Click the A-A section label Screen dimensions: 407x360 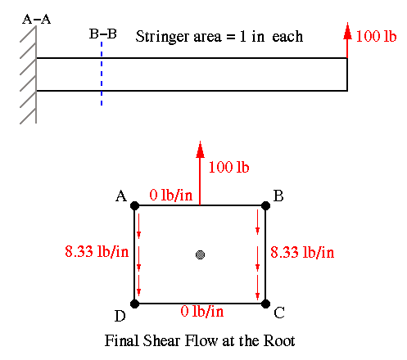[37, 20]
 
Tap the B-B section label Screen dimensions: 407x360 [103, 34]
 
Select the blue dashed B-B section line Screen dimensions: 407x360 [102, 74]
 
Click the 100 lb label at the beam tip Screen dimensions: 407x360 [376, 36]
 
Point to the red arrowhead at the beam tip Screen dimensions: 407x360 [347, 31]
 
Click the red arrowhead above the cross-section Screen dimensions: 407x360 [200, 150]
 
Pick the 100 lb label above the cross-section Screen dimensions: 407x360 [228, 167]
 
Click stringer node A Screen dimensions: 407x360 [134, 205]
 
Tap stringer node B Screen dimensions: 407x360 [265, 205]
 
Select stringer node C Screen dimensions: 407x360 [265, 304]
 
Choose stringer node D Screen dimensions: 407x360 [134, 304]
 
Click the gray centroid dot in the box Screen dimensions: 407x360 [201, 254]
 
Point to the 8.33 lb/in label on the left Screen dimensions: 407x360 [97, 251]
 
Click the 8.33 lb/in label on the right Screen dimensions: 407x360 [302, 252]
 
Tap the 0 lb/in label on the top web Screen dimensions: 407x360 [171, 196]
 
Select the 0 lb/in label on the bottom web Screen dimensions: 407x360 [202, 311]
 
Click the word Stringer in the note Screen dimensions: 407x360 [162, 37]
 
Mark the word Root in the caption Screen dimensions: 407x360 [279, 340]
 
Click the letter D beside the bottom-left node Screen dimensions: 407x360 [120, 316]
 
